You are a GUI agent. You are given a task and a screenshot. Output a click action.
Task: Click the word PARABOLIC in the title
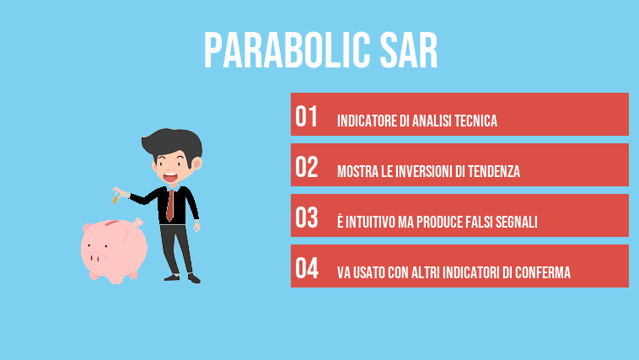(x=283, y=51)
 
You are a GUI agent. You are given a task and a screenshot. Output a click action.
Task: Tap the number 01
(x=307, y=117)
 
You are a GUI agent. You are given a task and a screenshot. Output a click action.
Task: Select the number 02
(x=307, y=168)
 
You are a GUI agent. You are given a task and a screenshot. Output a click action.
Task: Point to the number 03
(x=307, y=218)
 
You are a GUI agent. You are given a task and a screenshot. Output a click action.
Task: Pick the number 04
(x=307, y=269)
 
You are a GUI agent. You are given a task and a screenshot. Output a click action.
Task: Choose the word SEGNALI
(x=518, y=223)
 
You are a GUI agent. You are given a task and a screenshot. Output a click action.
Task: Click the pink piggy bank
(x=114, y=249)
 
